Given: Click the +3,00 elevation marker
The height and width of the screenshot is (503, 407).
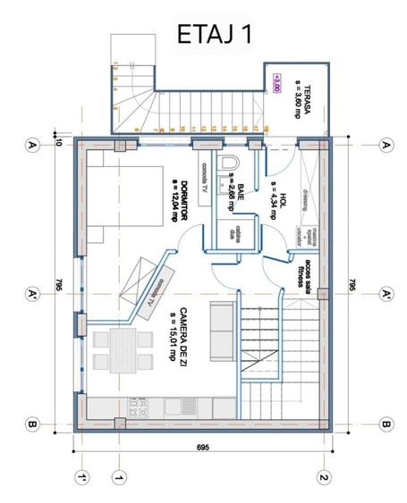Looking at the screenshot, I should [x=277, y=81].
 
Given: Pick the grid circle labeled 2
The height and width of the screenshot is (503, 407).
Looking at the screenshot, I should [x=325, y=478].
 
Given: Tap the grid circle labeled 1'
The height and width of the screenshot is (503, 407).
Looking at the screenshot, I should [x=82, y=478].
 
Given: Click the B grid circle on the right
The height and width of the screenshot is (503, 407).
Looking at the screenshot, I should [x=387, y=423].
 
